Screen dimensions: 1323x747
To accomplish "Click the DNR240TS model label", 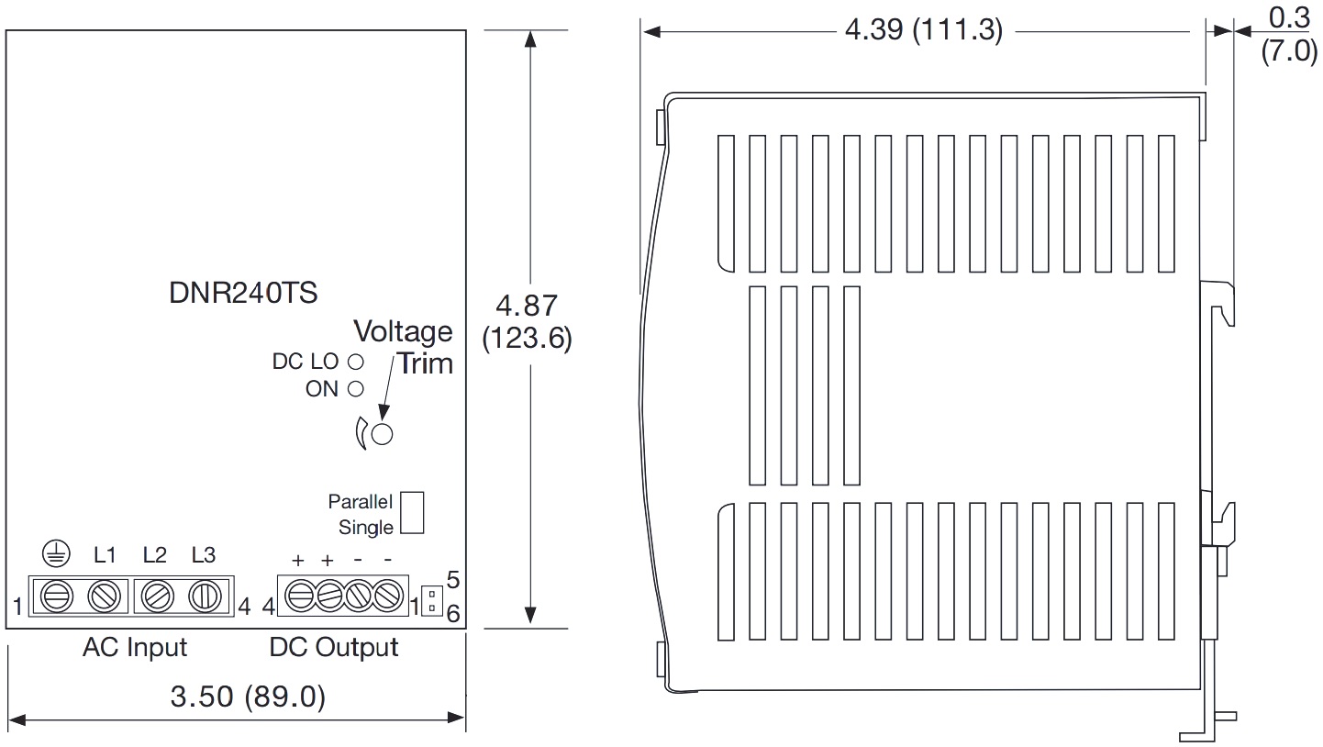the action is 243,293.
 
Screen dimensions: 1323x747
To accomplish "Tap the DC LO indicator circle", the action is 356,361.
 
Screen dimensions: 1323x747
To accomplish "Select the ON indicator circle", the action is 356,389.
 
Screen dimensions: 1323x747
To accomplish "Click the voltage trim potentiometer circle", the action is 383,434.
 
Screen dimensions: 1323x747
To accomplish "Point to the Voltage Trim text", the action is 404,348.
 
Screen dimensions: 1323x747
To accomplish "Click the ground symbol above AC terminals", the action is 57,554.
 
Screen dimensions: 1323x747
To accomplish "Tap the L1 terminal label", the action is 106,555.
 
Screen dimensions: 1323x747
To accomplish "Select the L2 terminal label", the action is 155,555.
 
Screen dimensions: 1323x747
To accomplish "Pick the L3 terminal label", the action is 204,555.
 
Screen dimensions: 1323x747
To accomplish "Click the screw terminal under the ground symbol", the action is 57,596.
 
